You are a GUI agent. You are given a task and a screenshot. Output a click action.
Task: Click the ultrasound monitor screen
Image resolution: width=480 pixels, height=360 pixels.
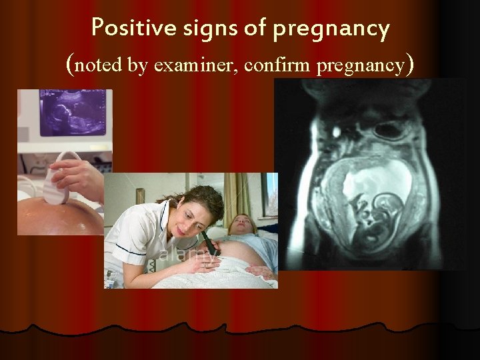(74, 113)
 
